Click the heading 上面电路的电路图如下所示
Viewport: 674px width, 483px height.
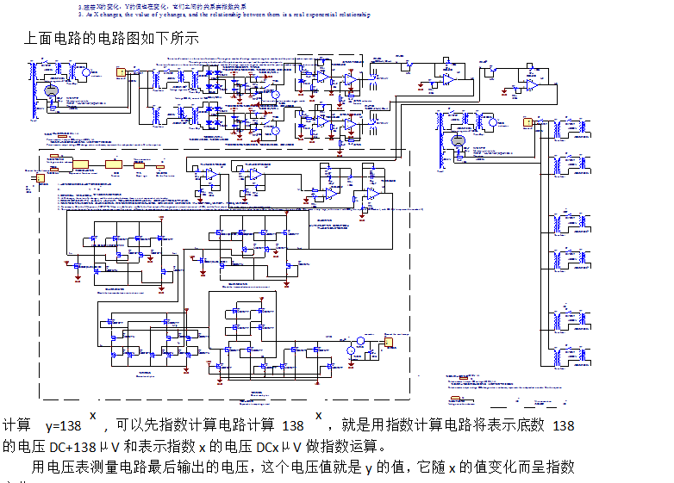113,38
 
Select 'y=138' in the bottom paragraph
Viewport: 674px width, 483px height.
63,425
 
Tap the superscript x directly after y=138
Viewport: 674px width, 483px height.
93,416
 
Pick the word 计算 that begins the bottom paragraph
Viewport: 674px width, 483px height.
16,425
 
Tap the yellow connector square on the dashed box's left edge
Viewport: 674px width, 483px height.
39,179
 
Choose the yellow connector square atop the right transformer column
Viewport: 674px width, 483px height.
527,122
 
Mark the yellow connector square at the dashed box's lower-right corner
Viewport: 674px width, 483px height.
389,342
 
